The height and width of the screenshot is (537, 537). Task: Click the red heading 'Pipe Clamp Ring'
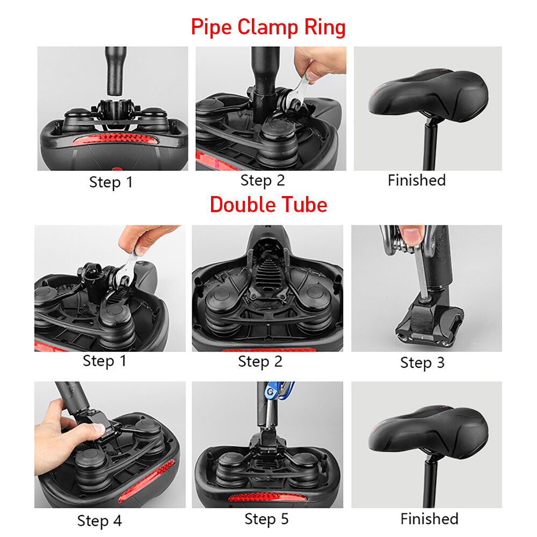click(268, 27)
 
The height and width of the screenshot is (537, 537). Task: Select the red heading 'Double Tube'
click(268, 205)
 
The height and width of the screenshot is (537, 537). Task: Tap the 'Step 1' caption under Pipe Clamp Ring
click(111, 182)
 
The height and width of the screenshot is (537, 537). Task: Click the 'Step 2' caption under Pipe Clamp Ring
click(263, 180)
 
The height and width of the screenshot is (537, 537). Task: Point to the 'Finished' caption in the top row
click(417, 180)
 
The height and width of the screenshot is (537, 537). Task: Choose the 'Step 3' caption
click(422, 362)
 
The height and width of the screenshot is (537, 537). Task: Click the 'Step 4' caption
click(100, 521)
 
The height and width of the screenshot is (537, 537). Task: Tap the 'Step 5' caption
click(266, 519)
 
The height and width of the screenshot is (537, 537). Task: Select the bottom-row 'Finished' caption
click(430, 519)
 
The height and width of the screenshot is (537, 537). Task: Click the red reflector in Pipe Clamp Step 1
click(115, 140)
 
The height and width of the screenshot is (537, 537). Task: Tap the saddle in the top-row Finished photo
click(428, 95)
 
